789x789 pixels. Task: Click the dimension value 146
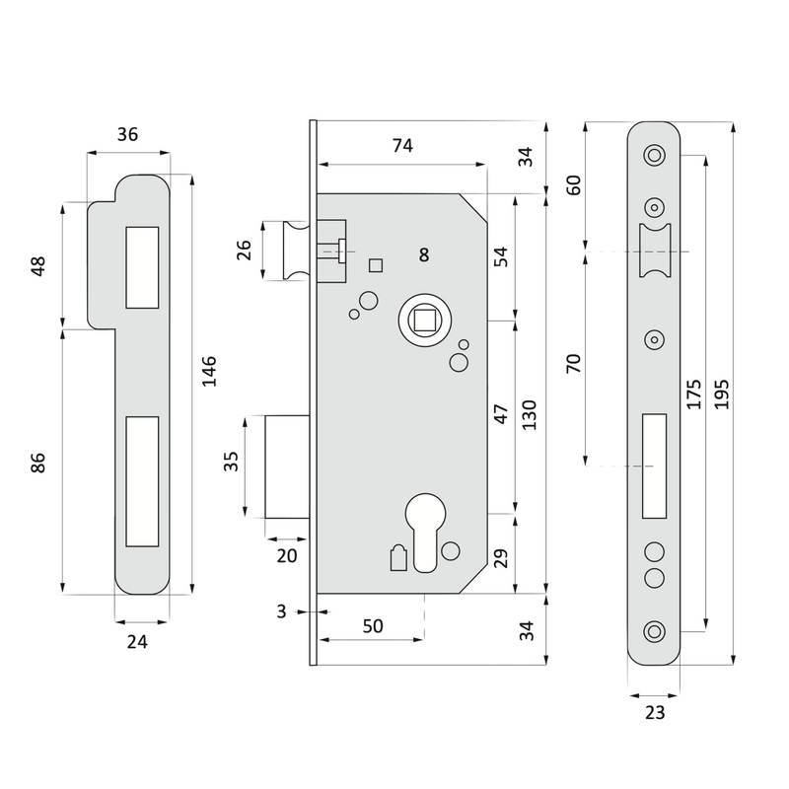[208, 371]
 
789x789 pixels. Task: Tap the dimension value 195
[721, 393]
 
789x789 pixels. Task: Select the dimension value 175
[693, 393]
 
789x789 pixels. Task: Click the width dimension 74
[402, 146]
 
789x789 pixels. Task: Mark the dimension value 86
[38, 462]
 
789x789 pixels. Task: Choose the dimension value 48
[38, 266]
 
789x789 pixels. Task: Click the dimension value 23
[655, 712]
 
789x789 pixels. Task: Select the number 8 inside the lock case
[423, 255]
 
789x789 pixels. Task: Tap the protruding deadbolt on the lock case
[289, 466]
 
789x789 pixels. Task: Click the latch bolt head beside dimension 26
[292, 251]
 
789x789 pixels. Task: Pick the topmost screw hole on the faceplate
[654, 155]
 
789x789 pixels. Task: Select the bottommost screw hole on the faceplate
[654, 630]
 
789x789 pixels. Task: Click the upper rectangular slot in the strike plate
[142, 265]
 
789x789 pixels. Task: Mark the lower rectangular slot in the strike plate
[142, 479]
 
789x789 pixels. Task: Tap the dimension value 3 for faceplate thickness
[282, 611]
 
